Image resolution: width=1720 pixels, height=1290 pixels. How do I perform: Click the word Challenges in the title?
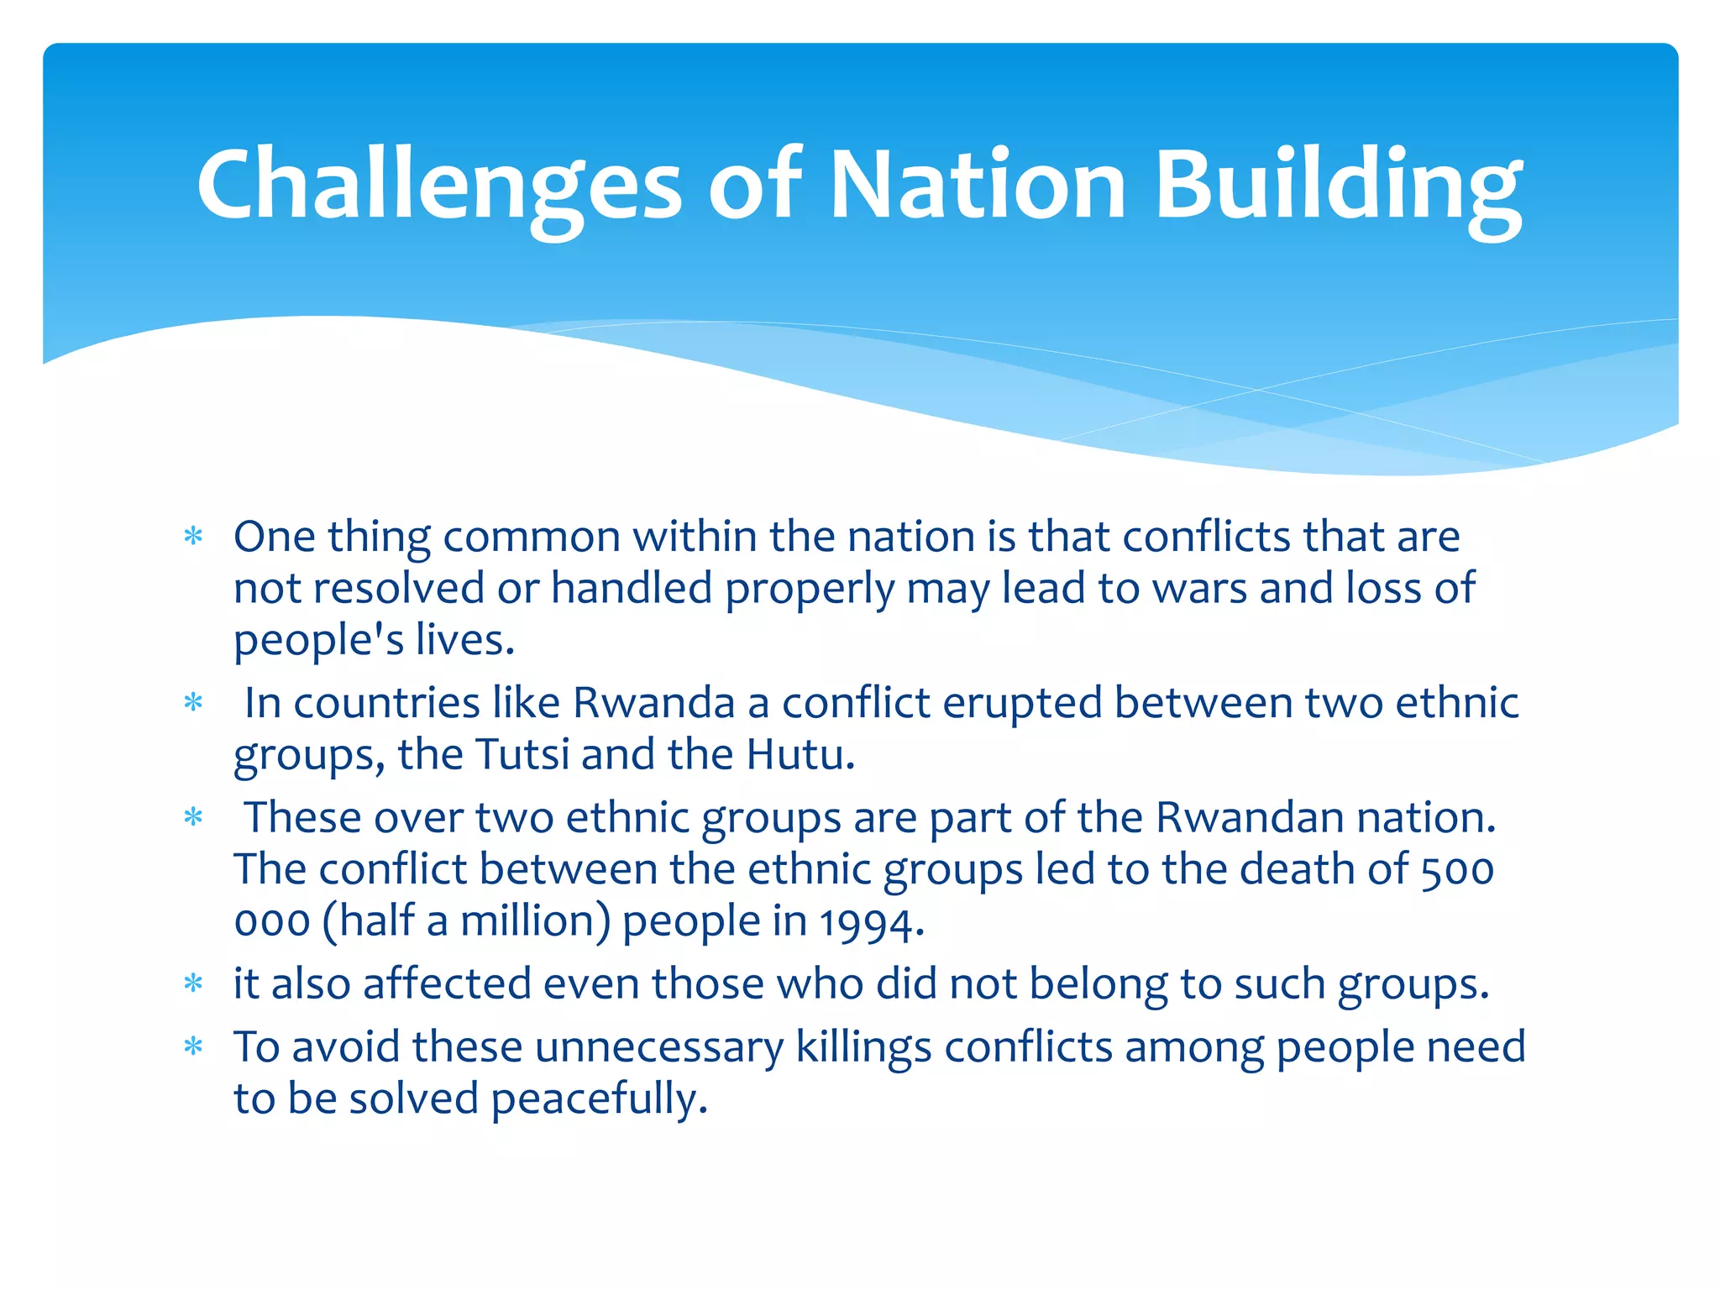tap(438, 185)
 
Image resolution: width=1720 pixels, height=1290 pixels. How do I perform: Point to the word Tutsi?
tap(522, 754)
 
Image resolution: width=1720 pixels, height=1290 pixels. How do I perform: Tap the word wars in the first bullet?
tap(1198, 588)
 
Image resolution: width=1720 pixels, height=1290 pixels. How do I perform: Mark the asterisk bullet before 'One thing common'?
tap(193, 536)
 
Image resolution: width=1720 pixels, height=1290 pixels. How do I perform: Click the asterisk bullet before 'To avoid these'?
tap(193, 1046)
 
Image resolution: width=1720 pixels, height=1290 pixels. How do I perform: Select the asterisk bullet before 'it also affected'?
tap(193, 983)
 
